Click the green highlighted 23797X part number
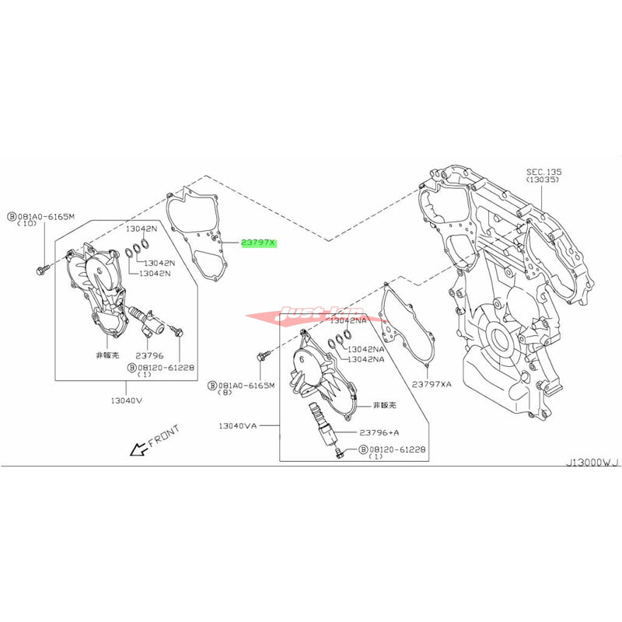point(258,243)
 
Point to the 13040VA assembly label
point(237,425)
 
